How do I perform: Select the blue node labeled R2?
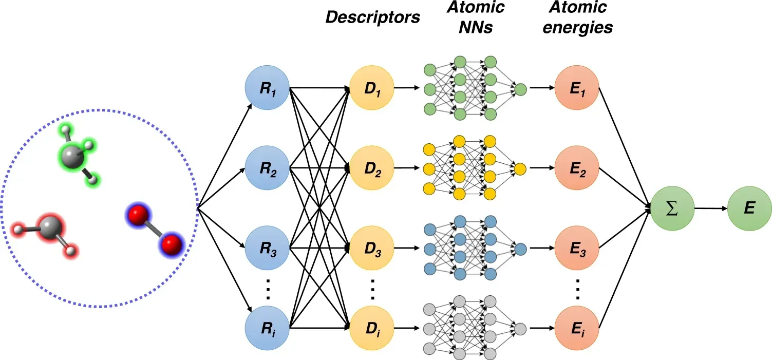(x=267, y=168)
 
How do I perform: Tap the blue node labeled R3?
(x=267, y=250)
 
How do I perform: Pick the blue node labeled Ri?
(x=267, y=329)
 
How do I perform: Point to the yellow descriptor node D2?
(x=371, y=168)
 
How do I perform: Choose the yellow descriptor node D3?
(x=371, y=250)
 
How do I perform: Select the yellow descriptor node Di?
(x=371, y=329)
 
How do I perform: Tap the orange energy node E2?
(x=577, y=168)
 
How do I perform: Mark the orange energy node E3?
(x=577, y=250)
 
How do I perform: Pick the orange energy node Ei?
(x=577, y=329)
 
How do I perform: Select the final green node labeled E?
(x=749, y=208)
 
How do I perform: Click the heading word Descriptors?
(x=372, y=17)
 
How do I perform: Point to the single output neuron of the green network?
(x=520, y=89)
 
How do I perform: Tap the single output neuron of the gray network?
(x=520, y=329)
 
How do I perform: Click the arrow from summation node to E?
(x=710, y=209)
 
